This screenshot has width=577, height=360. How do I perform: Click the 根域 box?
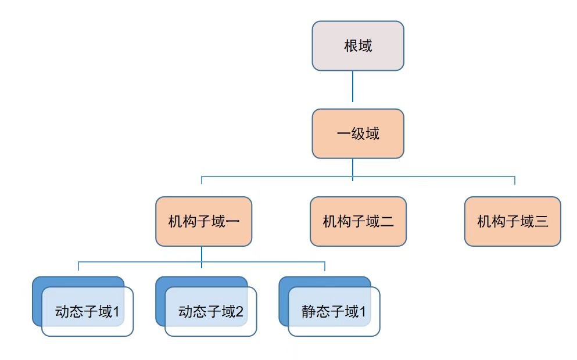point(357,46)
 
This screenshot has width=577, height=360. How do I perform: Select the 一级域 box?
point(357,134)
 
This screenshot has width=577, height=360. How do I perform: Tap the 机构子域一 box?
point(203,221)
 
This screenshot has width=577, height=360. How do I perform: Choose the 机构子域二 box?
point(358,221)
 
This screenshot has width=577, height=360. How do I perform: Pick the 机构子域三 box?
point(513,221)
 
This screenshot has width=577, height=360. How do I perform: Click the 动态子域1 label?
point(87,312)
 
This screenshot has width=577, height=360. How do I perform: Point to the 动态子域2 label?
point(210,312)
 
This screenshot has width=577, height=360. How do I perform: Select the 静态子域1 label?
point(334,312)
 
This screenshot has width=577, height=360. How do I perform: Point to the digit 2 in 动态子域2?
point(239,312)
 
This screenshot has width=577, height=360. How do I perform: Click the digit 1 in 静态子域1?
point(363,312)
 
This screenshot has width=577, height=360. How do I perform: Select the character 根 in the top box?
point(350,46)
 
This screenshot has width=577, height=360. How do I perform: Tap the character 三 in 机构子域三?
point(542,221)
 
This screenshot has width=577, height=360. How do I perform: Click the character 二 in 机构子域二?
point(387,221)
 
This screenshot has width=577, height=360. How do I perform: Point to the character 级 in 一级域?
point(358,134)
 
